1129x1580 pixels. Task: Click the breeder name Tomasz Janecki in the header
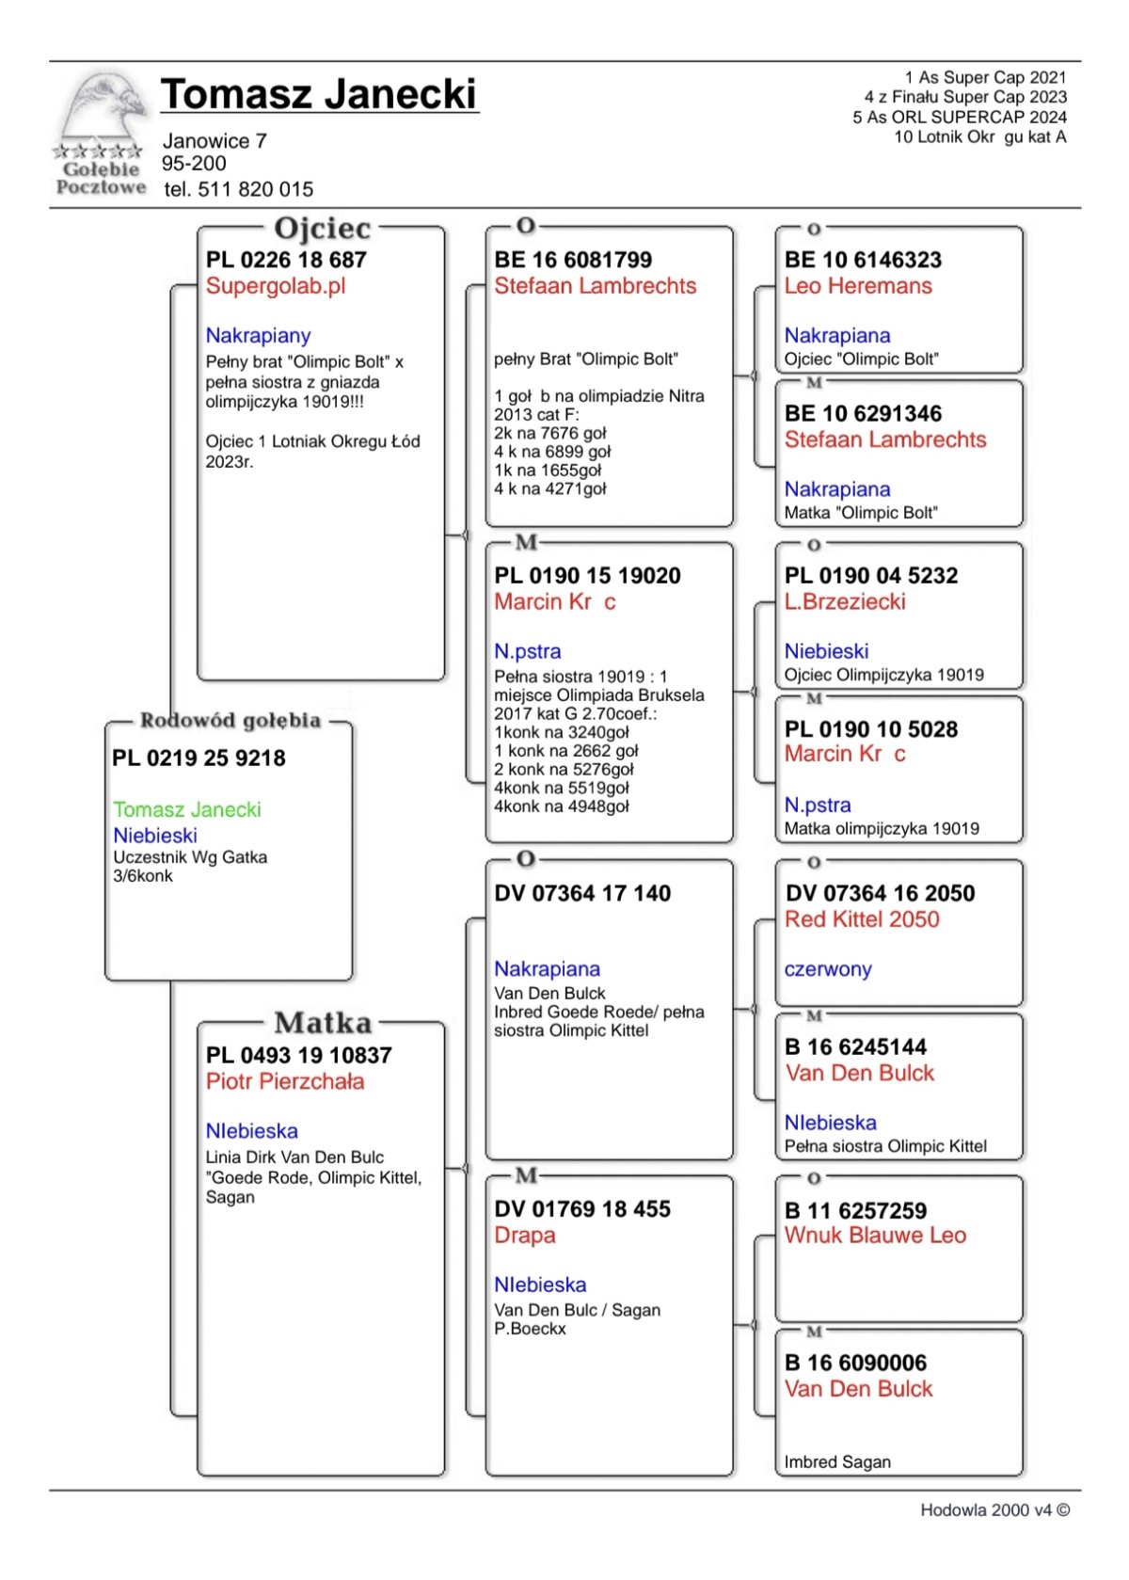(x=319, y=94)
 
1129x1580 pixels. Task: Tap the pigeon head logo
(x=104, y=109)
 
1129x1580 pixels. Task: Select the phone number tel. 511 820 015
(x=238, y=189)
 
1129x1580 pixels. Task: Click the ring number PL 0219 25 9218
(x=199, y=758)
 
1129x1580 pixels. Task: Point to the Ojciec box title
(x=322, y=228)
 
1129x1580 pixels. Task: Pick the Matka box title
(x=323, y=1023)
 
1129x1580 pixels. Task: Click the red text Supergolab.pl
(x=276, y=286)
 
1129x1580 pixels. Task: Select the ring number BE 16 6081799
(x=573, y=260)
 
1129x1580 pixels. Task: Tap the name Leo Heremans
(x=858, y=286)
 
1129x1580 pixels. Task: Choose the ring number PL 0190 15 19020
(x=587, y=576)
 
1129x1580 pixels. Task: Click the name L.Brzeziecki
(x=845, y=602)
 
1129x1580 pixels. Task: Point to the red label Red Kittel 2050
(x=862, y=919)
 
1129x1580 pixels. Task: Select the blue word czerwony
(x=828, y=969)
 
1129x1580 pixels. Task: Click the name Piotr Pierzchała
(x=285, y=1082)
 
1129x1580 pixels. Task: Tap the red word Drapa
(x=525, y=1236)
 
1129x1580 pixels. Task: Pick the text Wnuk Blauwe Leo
(x=875, y=1236)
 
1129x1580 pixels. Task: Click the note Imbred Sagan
(x=837, y=1462)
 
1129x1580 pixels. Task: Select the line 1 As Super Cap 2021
(x=985, y=77)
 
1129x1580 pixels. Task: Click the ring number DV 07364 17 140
(x=582, y=894)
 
